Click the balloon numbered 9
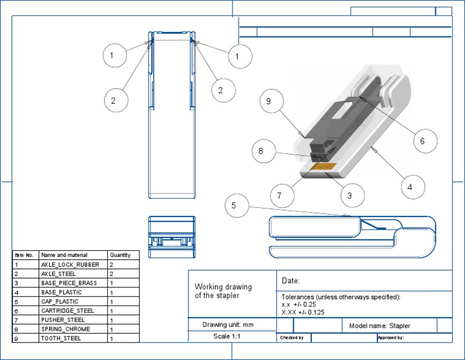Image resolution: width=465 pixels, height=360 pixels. tap(269, 102)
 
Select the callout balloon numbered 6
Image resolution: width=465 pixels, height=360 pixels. tap(423, 141)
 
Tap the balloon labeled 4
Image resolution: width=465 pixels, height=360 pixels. tap(410, 187)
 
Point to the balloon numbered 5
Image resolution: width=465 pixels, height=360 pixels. tap(234, 205)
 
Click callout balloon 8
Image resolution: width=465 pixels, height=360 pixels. tap(261, 151)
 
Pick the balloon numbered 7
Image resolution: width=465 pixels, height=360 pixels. tap(279, 196)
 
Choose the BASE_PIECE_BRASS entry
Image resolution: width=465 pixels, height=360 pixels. tap(68, 283)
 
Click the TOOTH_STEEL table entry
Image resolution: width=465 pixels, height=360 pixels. tap(61, 338)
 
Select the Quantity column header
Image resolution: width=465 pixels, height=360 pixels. tap(120, 255)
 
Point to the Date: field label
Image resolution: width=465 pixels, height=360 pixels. tap(291, 281)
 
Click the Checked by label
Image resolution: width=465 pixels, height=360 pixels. tap(291, 338)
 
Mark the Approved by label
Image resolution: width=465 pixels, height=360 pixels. tap(391, 338)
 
